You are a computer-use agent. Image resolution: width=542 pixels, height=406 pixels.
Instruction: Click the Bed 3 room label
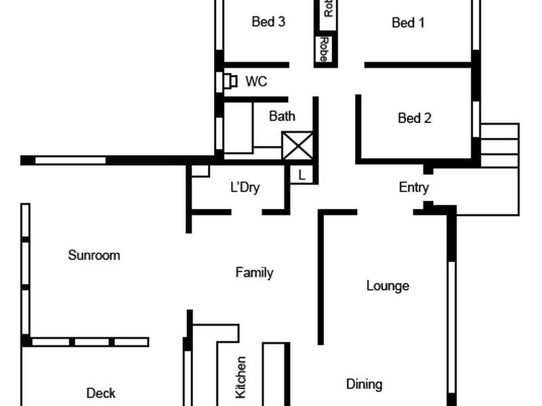[x=268, y=22]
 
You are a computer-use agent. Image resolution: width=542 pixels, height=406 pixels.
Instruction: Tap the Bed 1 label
[x=408, y=23]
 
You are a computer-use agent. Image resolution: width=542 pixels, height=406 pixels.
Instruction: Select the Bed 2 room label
[x=414, y=118]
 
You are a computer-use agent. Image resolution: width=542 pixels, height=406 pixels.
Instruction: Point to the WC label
[x=256, y=82]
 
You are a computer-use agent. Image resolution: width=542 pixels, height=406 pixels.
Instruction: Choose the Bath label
[x=282, y=116]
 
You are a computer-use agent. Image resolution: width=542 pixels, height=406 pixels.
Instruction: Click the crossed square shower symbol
[x=297, y=145]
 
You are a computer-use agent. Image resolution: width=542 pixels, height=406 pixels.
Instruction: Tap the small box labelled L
[x=302, y=175]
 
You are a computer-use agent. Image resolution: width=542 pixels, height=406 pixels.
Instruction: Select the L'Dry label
[x=245, y=188]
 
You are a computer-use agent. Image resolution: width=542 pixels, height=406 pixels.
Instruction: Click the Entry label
[x=413, y=188]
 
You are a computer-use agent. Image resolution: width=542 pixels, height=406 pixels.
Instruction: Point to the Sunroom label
[x=94, y=255]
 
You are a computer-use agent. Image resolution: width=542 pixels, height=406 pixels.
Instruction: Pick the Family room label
[x=254, y=273]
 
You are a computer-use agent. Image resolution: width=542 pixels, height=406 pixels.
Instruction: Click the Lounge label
[x=388, y=286]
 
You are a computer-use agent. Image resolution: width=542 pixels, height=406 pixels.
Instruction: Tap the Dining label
[x=364, y=384]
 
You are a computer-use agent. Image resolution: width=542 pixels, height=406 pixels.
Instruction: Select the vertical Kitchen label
[x=241, y=376]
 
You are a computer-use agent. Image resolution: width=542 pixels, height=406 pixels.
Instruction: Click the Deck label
[x=100, y=393]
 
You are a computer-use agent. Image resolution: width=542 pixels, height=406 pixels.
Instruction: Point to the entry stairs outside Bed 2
[x=499, y=145]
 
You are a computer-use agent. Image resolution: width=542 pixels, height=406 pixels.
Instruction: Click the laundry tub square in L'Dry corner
[x=200, y=171]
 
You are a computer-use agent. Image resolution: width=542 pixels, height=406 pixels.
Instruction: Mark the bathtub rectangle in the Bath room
[x=238, y=128]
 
